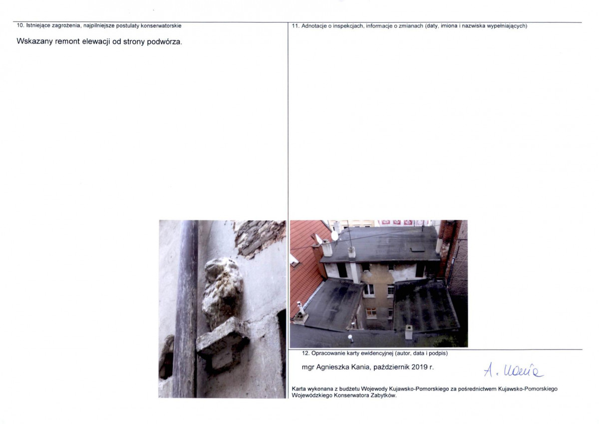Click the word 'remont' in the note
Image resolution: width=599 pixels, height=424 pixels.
(67, 41)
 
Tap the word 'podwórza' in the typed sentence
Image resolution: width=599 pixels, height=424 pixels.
(163, 42)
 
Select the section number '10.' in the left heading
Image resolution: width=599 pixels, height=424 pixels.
(20, 25)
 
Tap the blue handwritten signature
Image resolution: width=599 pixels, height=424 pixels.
(513, 371)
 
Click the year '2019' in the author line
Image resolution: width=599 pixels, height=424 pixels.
(420, 367)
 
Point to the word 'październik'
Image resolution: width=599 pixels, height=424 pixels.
(391, 368)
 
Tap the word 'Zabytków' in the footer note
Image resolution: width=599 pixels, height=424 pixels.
(383, 396)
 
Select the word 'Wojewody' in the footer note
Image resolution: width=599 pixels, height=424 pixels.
(373, 389)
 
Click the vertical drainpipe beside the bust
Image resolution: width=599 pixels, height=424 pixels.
(186, 309)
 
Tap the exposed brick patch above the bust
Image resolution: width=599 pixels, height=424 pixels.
(259, 238)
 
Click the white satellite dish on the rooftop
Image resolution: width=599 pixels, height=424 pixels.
(334, 236)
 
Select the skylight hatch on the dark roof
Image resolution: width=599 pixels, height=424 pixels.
(417, 249)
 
